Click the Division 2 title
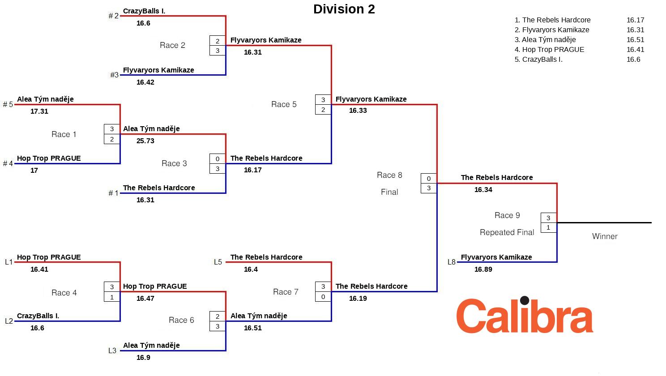coord(344,9)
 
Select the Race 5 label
coord(284,104)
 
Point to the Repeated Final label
coord(507,232)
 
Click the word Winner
coord(604,236)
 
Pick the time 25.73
coord(145,141)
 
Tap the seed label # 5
coord(8,104)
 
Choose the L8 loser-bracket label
coord(451,262)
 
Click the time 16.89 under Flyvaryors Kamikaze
coord(483,269)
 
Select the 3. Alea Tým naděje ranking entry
coord(545,40)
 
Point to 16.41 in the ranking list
coord(635,50)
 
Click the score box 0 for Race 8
coord(429,179)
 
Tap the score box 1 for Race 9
coord(548,228)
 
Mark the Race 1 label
coord(64,134)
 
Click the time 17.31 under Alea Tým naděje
coord(39,111)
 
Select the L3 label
coord(112,350)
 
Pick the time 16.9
coord(143,358)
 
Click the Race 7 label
coord(286,292)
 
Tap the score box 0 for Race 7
coord(323,297)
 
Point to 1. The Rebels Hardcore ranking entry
coord(552,20)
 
